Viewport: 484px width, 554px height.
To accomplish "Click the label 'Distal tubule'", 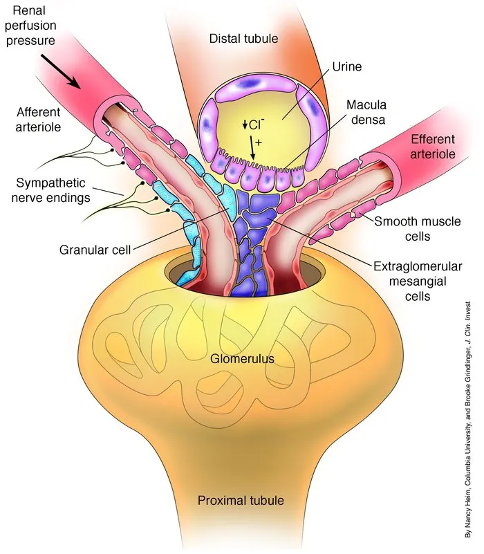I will pyautogui.click(x=243, y=38).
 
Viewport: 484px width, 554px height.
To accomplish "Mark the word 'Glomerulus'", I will pyautogui.click(x=243, y=359).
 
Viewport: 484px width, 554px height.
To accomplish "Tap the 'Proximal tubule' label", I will pyautogui.click(x=241, y=500).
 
